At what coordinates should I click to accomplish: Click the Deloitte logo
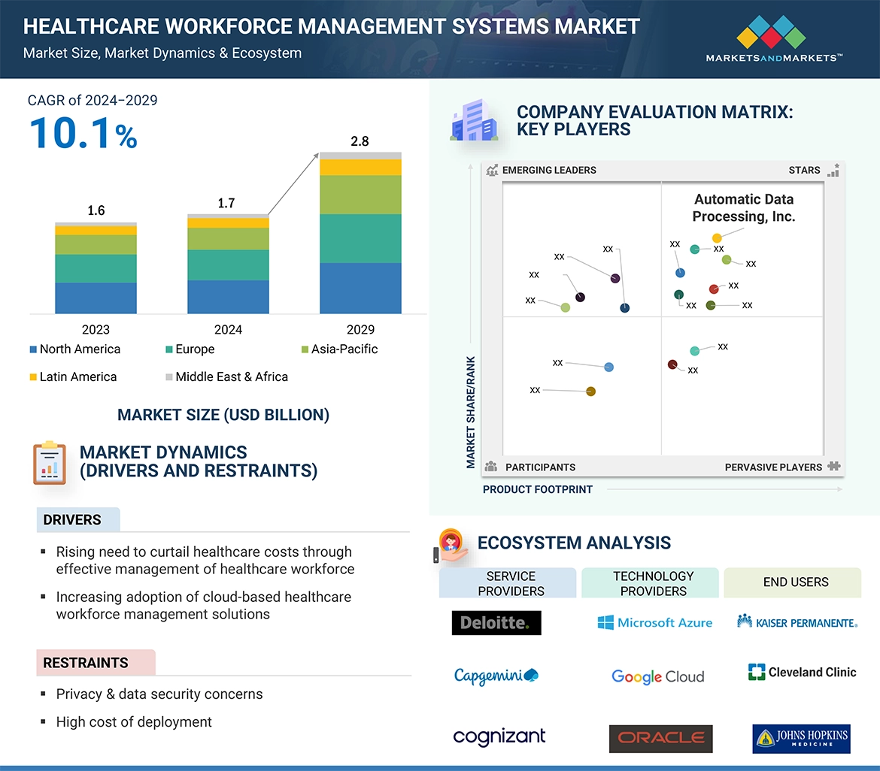pos(496,623)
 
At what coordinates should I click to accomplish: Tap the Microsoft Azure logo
pos(655,623)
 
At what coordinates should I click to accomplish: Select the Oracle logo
pos(660,739)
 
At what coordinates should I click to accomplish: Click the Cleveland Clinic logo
pos(802,673)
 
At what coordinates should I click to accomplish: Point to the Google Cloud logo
pos(658,676)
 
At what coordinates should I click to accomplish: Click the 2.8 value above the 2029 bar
pos(360,141)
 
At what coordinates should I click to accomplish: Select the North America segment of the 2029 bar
pos(360,288)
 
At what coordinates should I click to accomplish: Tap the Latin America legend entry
pos(74,377)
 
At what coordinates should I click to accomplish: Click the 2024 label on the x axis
pos(228,330)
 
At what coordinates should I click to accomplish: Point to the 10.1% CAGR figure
pos(83,133)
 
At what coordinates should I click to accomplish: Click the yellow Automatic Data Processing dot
pos(717,238)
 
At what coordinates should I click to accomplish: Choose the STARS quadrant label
pos(804,171)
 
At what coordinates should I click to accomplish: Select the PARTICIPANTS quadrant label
pos(540,467)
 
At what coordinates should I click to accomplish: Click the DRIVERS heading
pos(72,520)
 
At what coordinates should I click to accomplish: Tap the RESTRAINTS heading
pos(86,663)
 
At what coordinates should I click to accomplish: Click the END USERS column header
pos(795,582)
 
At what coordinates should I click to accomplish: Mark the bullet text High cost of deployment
pos(134,722)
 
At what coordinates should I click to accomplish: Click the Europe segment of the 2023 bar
pos(96,268)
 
